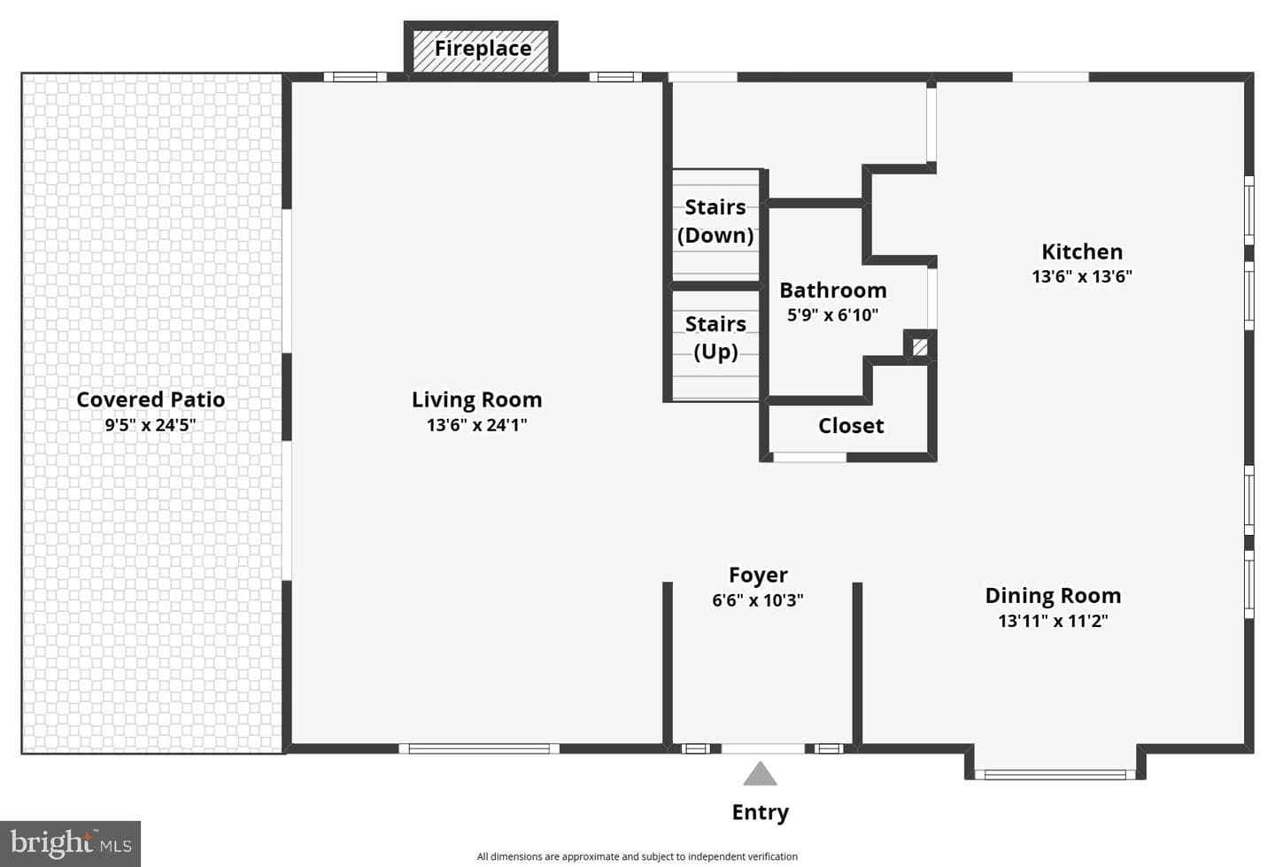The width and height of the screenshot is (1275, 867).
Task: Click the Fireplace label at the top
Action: (483, 49)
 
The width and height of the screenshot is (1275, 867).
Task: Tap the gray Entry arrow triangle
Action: (760, 774)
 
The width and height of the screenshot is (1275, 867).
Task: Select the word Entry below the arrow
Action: (760, 812)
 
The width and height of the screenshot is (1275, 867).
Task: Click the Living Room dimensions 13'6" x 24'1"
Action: (477, 425)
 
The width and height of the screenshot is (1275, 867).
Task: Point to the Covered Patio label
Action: (151, 399)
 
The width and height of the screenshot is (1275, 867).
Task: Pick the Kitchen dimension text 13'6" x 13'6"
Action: (1082, 276)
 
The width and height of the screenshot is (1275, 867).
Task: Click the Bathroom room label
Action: (832, 290)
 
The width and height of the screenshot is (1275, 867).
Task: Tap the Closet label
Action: (851, 426)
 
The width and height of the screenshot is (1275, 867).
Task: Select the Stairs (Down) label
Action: (715, 221)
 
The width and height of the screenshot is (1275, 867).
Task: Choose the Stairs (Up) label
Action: (715, 337)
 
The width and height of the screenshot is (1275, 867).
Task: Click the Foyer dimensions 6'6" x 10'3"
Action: (758, 600)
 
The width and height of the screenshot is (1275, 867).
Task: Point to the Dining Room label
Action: (1053, 595)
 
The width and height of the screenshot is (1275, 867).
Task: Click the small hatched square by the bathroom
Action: (920, 346)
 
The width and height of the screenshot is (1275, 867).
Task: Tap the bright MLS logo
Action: (71, 844)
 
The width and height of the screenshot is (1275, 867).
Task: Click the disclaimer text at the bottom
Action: (637, 856)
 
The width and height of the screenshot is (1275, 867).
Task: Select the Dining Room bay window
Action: (1055, 774)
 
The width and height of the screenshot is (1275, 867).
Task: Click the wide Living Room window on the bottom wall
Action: (479, 748)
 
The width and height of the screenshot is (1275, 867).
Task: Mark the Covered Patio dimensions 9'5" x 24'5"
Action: (151, 425)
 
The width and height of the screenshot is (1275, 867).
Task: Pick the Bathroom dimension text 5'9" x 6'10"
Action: (832, 314)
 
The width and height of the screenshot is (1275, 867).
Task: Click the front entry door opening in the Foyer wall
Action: (763, 748)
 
